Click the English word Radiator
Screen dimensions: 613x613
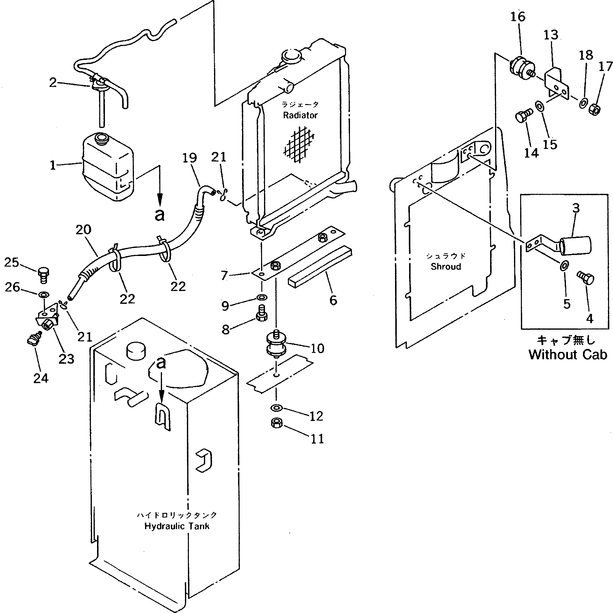300,115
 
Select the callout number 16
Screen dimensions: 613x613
518,17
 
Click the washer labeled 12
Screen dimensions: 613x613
276,408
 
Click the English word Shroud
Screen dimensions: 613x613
446,267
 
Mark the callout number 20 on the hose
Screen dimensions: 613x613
83,230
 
